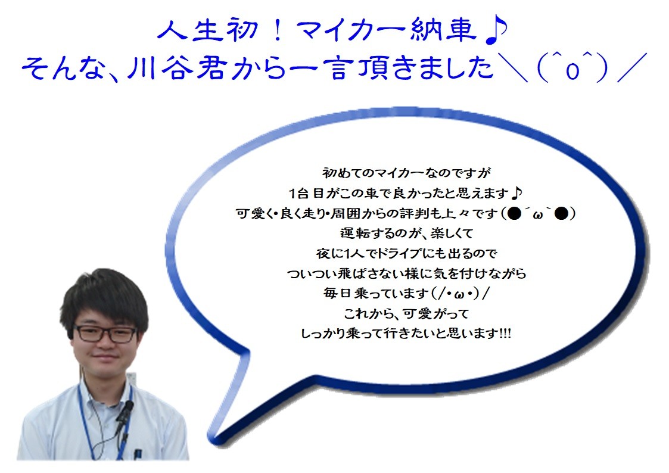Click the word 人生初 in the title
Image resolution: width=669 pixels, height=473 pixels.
pos(208,31)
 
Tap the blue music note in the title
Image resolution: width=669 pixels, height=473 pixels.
pos(496,32)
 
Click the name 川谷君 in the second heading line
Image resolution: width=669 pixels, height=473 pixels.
pos(176,69)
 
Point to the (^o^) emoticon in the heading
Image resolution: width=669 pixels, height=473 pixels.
pos(572,68)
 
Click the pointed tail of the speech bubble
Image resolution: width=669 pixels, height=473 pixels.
pos(216,439)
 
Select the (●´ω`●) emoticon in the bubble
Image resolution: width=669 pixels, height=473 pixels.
pos(539,213)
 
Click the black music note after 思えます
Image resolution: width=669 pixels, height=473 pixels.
pos(516,193)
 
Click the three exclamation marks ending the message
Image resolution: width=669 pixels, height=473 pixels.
pos(505,333)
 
